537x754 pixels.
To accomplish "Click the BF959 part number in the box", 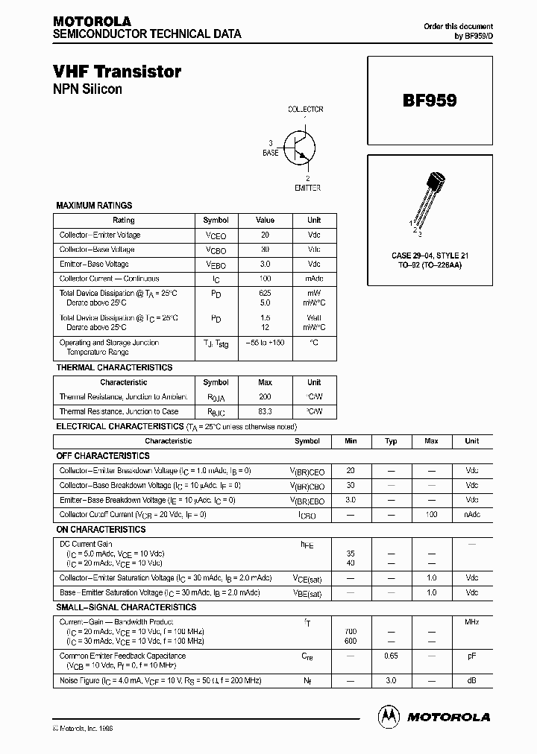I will click(x=430, y=101).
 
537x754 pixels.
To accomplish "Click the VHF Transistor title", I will click(x=117, y=72).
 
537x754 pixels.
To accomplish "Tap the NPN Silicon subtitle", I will click(x=87, y=89).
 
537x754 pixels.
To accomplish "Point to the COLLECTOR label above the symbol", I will click(x=306, y=110).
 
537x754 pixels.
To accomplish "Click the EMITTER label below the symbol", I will click(x=307, y=188).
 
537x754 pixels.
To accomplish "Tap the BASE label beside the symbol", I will click(x=270, y=153).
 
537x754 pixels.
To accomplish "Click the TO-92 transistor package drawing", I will click(x=431, y=197).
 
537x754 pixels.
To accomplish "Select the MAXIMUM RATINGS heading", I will click(x=94, y=205).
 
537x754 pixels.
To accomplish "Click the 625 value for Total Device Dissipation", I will click(x=265, y=294).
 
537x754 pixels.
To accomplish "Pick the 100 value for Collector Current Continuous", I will click(x=265, y=279).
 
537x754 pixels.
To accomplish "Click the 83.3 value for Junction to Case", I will click(x=265, y=411).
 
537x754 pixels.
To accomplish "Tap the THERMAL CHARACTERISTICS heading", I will click(x=114, y=367).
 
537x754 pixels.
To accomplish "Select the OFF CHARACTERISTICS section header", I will click(x=103, y=455).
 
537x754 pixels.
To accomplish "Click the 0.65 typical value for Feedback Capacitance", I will click(x=391, y=656).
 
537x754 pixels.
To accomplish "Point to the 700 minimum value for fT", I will click(x=351, y=631).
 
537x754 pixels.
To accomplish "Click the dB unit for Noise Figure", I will click(x=472, y=680).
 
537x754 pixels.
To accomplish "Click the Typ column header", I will click(x=391, y=441).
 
